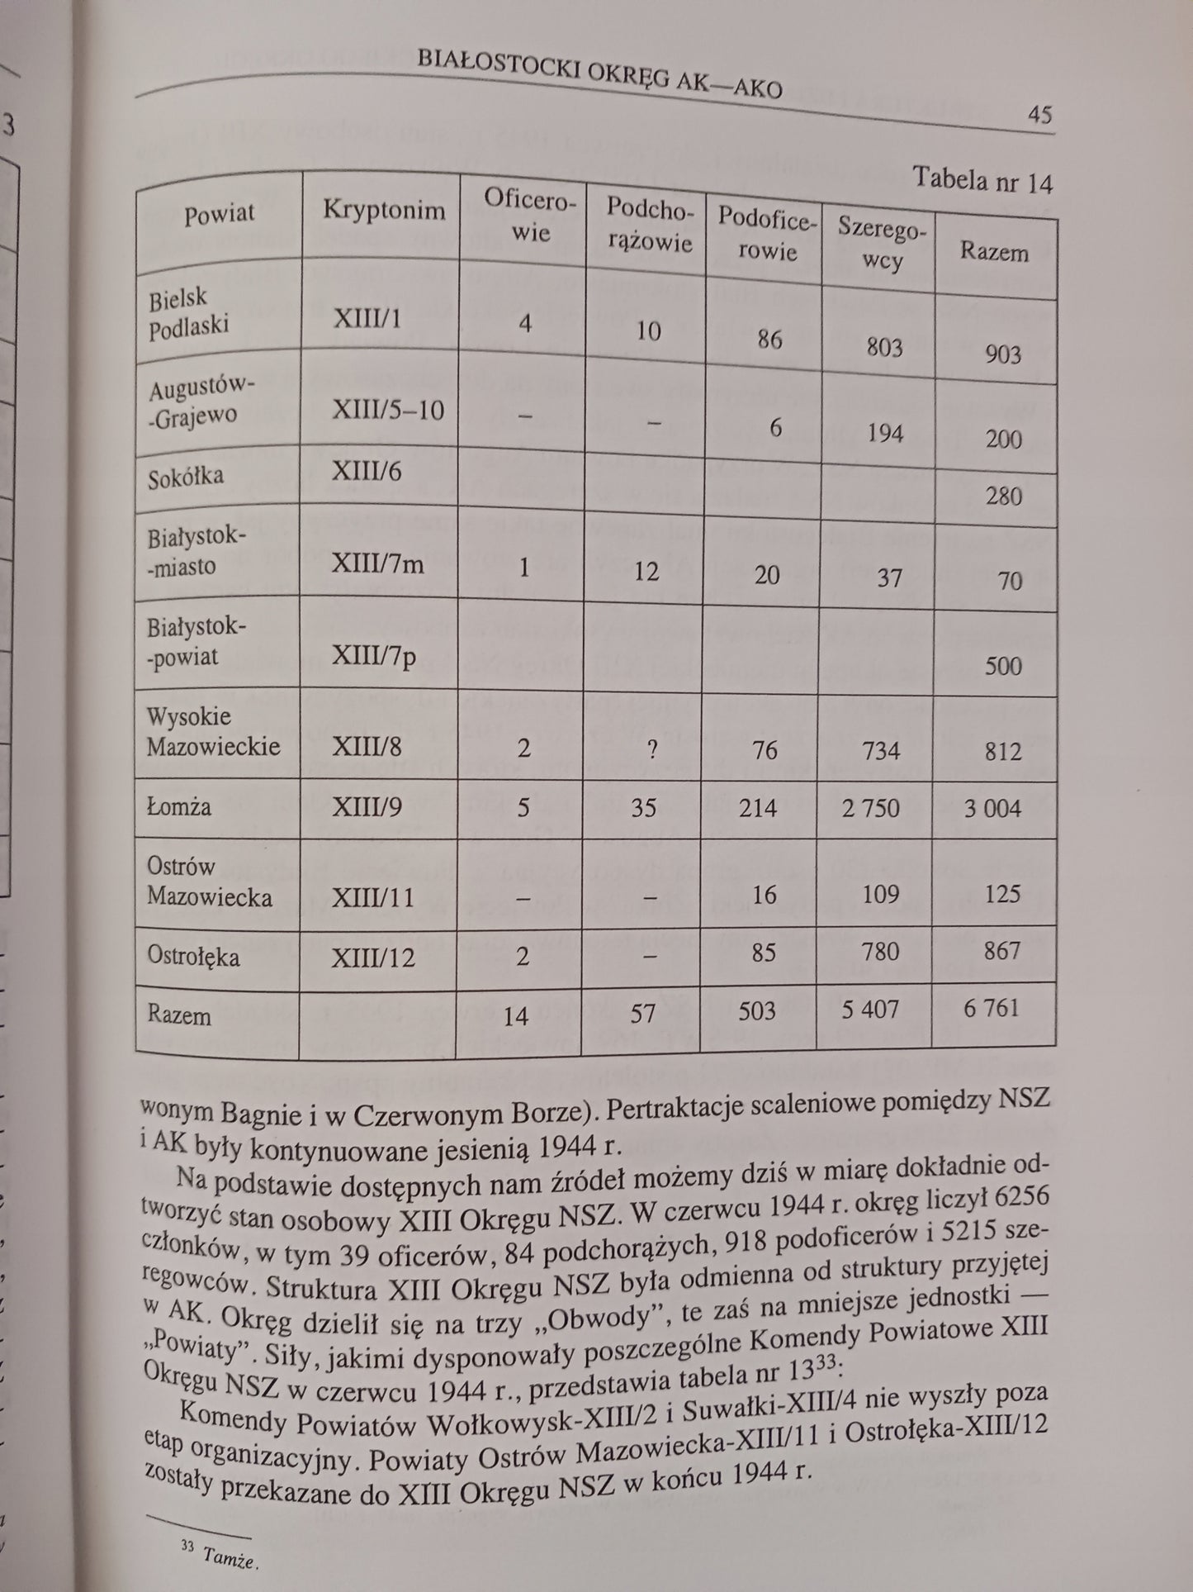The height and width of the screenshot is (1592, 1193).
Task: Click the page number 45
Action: pyautogui.click(x=1039, y=115)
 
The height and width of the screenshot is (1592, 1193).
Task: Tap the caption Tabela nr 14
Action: pyautogui.click(x=982, y=181)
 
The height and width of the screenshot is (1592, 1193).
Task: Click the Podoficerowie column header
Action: pyautogui.click(x=767, y=232)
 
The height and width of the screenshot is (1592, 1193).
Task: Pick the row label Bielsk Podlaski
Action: pyautogui.click(x=189, y=312)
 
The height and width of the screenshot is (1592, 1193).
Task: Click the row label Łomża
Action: pyautogui.click(x=180, y=806)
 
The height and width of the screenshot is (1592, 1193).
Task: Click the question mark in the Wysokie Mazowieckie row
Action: pyautogui.click(x=652, y=749)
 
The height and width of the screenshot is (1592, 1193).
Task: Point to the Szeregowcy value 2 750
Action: pyautogui.click(x=871, y=807)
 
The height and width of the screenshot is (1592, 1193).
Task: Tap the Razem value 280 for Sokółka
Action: pyautogui.click(x=1003, y=497)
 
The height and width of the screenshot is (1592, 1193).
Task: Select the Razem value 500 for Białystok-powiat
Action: pyautogui.click(x=1003, y=666)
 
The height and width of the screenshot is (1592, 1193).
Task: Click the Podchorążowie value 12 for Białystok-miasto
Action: pyautogui.click(x=647, y=572)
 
